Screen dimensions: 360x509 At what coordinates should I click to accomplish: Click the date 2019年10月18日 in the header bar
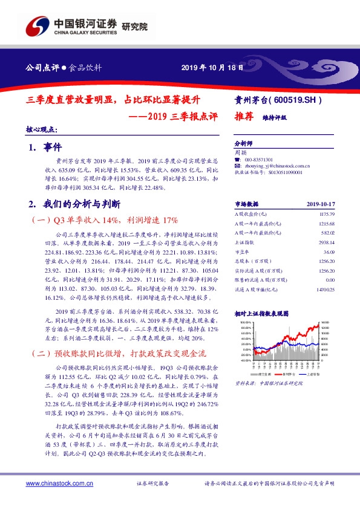pyautogui.click(x=212, y=67)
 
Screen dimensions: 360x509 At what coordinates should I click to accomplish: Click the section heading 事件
pyautogui.click(x=53, y=147)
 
